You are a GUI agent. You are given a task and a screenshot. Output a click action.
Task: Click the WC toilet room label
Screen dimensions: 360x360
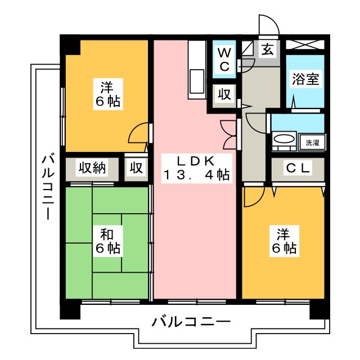pos(224,60)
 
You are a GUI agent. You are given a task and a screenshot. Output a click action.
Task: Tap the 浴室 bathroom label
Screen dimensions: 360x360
pos(305,79)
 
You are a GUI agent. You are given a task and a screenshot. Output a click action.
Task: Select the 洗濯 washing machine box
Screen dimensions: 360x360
pos(312,142)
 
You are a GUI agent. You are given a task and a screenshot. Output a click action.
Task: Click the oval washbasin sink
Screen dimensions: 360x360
pos(284,139)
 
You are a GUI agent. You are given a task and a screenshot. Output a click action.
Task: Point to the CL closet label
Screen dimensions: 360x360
pos(298,168)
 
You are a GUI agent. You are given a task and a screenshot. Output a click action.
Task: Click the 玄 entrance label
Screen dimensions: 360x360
pos(267,49)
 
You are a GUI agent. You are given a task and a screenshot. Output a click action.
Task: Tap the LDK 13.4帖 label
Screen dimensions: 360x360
pos(196,168)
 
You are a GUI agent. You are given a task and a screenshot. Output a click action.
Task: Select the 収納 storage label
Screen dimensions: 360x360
pos(92,168)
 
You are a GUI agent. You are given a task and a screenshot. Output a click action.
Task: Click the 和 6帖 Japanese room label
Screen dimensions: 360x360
pos(107,241)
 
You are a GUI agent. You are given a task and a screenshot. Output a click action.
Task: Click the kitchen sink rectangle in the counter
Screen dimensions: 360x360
pos(197,81)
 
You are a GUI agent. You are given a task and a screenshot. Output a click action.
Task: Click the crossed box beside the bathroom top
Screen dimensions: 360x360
pos(305,44)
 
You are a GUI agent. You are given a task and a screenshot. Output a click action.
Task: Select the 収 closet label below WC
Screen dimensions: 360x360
pos(224,94)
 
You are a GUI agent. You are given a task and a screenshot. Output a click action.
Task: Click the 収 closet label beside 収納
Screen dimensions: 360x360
pos(136,168)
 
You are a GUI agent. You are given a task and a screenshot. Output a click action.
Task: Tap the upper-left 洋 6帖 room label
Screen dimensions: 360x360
pos(107,94)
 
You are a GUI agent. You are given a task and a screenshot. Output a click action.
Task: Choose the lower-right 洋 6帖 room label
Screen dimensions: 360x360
pos(284,241)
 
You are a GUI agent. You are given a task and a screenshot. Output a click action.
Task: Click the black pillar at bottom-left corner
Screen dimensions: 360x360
pos(70,311)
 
